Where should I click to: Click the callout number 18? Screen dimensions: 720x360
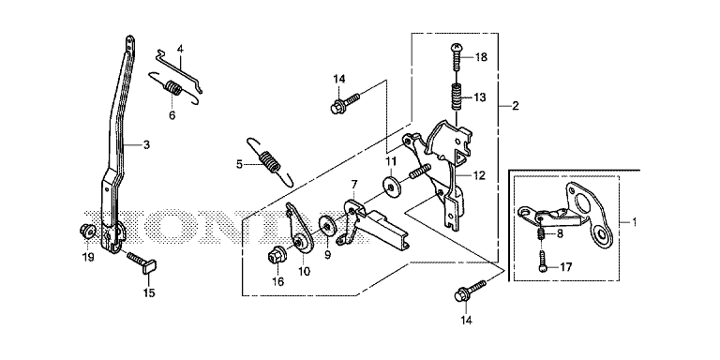pos(481,57)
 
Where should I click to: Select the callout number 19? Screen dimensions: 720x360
pos(88,257)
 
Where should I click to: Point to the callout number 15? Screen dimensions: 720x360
pos(150,292)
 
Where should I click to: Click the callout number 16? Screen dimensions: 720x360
pos(278,281)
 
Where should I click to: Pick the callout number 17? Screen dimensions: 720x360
pos(566,267)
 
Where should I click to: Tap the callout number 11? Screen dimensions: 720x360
pos(390,161)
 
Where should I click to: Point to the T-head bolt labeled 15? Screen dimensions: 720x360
pos(142,262)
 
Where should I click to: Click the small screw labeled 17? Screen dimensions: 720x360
pos(543,261)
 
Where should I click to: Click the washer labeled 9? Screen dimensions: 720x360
pos(327,225)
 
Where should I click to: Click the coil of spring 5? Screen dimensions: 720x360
pos(269,161)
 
